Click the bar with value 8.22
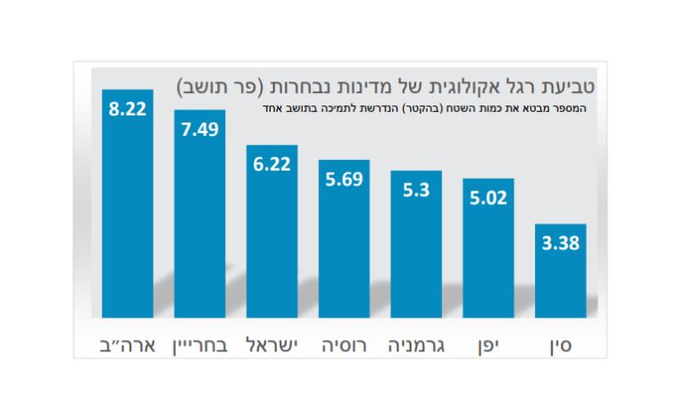pos(128,215)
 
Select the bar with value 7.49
pos(199,223)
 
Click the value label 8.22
pos(128,110)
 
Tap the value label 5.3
pos(416,190)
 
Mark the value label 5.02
pos(488,198)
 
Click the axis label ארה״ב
pos(128,344)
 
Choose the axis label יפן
pos(488,344)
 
